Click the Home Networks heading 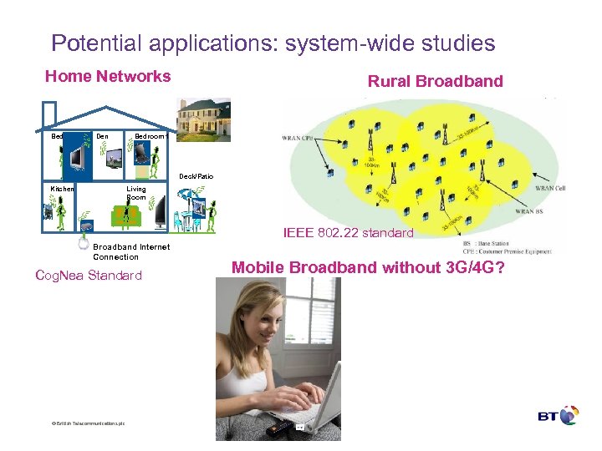(108, 77)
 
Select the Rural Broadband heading (435, 81)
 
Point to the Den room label (102, 135)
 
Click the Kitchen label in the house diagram (63, 190)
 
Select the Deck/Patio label (196, 176)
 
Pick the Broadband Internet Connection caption (130, 251)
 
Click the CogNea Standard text (89, 276)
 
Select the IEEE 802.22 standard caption (348, 233)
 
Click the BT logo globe (569, 416)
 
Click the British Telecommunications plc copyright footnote (88, 423)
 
